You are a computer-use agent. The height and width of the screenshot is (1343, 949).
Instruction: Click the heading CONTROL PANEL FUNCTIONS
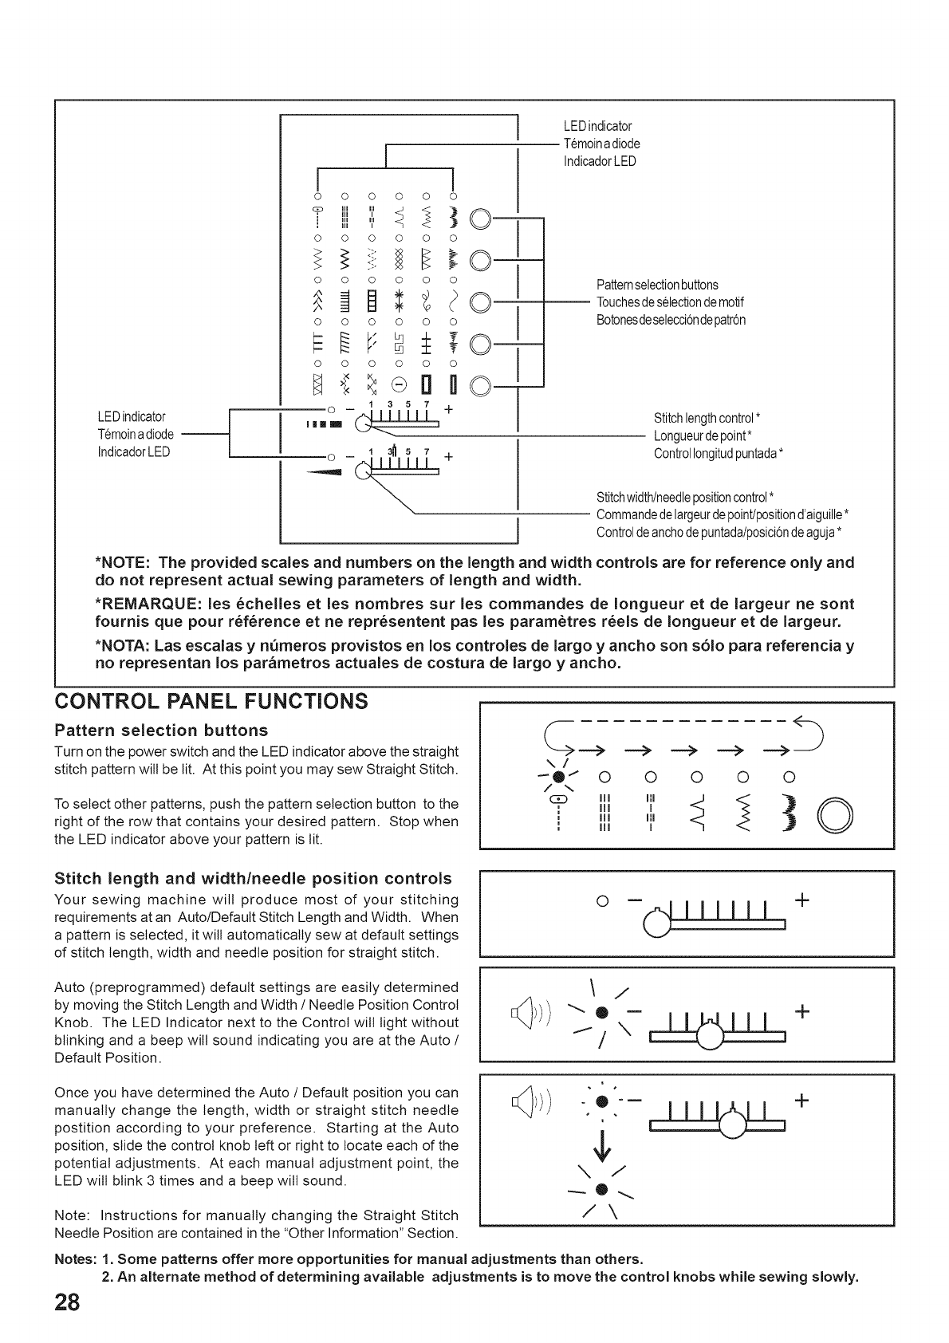(x=211, y=702)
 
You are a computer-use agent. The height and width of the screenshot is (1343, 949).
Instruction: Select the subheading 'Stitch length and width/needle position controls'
(x=253, y=879)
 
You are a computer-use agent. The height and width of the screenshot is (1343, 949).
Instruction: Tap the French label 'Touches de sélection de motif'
(x=670, y=302)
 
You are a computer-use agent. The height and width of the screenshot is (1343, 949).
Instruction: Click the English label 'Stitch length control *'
(x=707, y=418)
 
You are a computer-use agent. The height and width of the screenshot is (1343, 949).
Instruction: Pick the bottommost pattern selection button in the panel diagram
(x=481, y=388)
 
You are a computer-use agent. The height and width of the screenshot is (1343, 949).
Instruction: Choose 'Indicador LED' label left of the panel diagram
(x=132, y=452)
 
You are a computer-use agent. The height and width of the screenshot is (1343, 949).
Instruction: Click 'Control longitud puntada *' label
(x=718, y=453)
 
